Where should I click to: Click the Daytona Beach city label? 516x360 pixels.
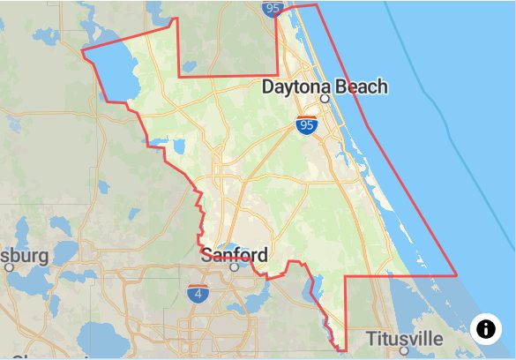click(x=325, y=86)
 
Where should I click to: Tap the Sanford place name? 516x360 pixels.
click(x=234, y=256)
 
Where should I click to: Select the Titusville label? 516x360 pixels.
click(x=405, y=339)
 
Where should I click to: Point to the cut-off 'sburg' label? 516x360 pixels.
click(x=24, y=256)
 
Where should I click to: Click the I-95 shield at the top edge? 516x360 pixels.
click(x=273, y=8)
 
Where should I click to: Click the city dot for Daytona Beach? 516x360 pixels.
click(x=325, y=99)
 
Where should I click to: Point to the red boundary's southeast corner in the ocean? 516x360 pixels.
click(x=457, y=275)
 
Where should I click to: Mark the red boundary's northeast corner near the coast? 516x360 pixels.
click(x=317, y=5)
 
